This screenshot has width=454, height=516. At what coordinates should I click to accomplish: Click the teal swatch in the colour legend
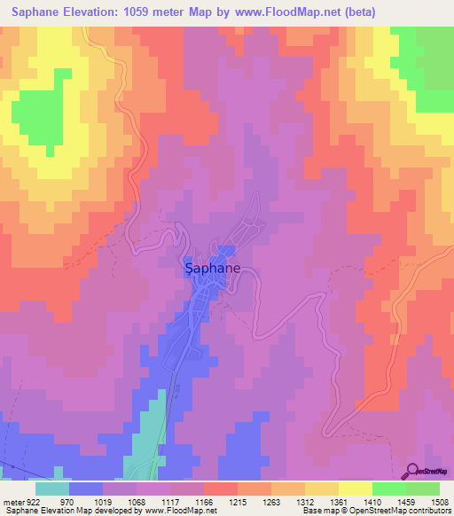(52, 489)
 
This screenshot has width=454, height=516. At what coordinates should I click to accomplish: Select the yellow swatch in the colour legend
(355, 489)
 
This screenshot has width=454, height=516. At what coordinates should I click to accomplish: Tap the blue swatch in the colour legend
(86, 489)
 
